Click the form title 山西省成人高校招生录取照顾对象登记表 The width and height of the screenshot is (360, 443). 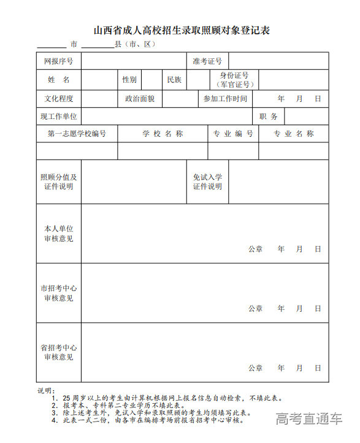(182, 30)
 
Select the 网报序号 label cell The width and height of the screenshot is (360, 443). (59, 61)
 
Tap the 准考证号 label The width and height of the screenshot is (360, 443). (207, 61)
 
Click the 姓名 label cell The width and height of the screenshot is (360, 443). (59, 80)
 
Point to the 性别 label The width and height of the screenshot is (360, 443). (129, 80)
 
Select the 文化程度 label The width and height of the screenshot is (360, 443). (59, 99)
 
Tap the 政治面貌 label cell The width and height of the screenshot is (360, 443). (140, 99)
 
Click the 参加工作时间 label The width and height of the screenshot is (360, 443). (225, 99)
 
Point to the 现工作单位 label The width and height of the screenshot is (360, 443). (59, 116)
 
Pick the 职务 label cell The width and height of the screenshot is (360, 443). (269, 116)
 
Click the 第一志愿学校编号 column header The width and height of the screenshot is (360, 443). (77, 134)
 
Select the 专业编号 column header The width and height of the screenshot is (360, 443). (233, 134)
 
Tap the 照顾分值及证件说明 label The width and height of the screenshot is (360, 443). (59, 182)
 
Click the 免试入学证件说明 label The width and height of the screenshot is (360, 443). (207, 182)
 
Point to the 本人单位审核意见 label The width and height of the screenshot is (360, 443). (59, 234)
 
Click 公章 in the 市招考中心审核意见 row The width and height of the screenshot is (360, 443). (255, 309)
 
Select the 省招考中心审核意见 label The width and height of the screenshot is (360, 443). (59, 352)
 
